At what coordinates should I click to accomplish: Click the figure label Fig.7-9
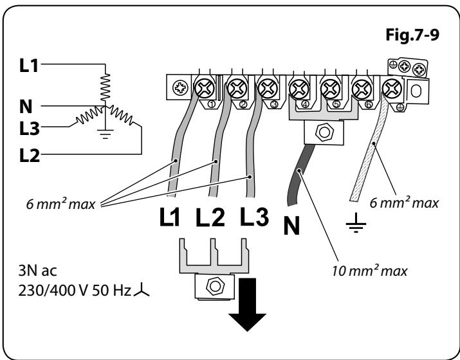[412, 35]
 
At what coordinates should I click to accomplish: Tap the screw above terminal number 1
[205, 88]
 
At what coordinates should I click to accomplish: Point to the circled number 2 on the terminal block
[243, 104]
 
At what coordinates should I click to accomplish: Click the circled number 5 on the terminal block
[336, 104]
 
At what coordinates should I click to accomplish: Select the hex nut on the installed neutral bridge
[324, 132]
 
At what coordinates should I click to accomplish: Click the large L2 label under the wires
[210, 217]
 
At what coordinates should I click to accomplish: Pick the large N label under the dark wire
[291, 226]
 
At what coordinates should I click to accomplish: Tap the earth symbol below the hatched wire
[356, 223]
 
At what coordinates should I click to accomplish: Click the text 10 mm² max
[370, 271]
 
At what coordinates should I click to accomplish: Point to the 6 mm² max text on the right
[404, 203]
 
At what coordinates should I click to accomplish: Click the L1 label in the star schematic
[29, 65]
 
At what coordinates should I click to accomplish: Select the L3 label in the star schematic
[29, 129]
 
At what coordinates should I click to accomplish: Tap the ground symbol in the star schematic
[105, 134]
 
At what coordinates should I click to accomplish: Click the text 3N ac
[37, 271]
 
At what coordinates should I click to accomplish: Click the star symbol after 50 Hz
[142, 290]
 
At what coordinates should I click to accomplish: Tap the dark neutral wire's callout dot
[299, 170]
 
